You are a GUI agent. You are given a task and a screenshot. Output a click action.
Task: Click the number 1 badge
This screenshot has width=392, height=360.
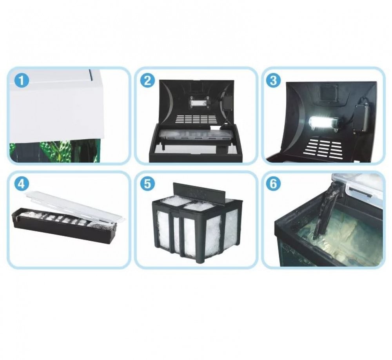22,81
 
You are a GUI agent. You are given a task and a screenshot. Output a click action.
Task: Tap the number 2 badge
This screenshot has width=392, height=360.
147,81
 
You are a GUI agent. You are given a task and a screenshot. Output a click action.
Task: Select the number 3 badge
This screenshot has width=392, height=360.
274,81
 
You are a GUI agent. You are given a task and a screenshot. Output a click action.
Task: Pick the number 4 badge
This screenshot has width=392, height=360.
22,184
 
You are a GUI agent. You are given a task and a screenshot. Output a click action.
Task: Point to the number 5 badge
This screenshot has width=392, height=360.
147,184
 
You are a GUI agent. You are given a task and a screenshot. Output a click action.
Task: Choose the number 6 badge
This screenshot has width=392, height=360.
274,184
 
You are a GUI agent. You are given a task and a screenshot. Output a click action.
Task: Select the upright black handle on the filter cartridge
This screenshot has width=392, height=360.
200,193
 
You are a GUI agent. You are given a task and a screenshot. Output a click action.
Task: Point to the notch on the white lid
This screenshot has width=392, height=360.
91,75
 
